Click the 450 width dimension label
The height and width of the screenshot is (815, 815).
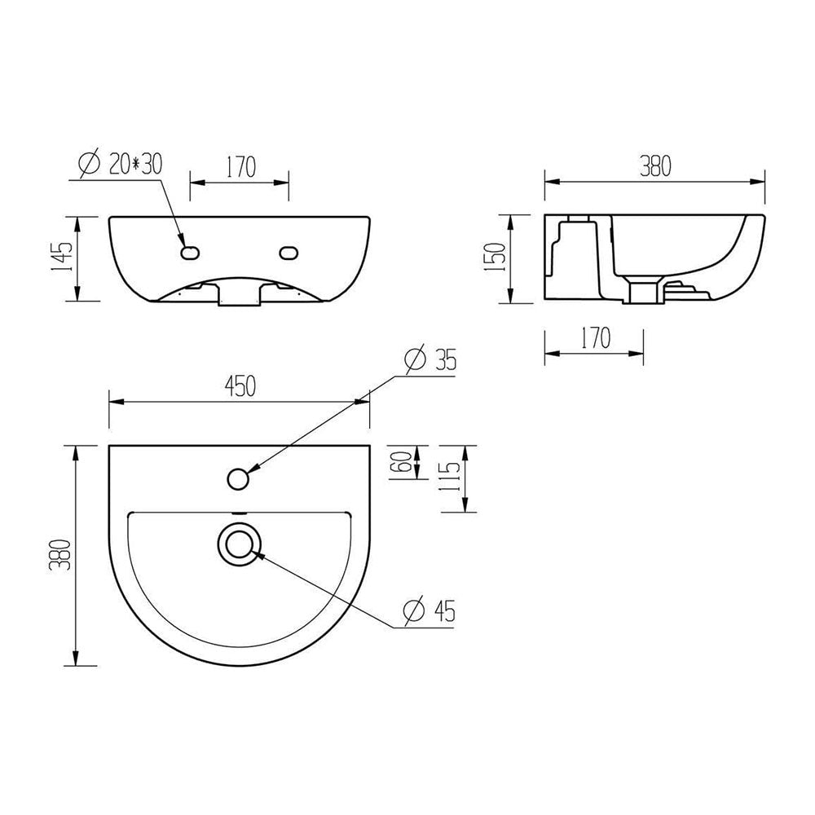pyautogui.click(x=240, y=387)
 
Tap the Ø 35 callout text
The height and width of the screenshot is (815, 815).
pyautogui.click(x=430, y=359)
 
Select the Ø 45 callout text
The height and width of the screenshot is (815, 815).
pyautogui.click(x=430, y=611)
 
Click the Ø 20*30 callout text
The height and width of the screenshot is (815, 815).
pyautogui.click(x=121, y=164)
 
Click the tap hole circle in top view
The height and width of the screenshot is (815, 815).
pyautogui.click(x=237, y=478)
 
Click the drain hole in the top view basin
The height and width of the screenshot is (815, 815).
pyautogui.click(x=239, y=543)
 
